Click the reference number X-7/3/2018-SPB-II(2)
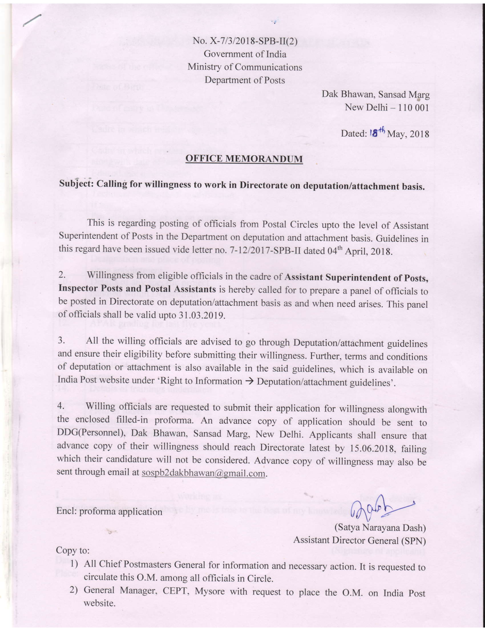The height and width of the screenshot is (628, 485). tap(245, 41)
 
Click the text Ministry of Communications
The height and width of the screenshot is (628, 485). tap(245, 67)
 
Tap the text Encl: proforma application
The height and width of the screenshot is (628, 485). tap(108, 511)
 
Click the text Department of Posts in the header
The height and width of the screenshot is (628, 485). tap(245, 80)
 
